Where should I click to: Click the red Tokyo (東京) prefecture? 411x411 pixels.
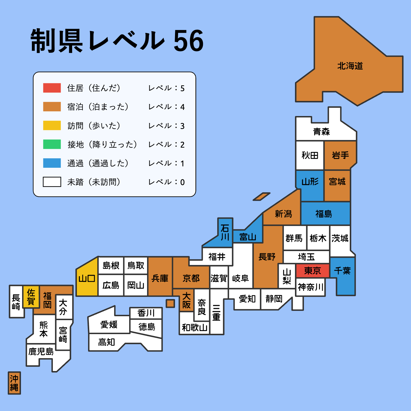pyautogui.click(x=312, y=271)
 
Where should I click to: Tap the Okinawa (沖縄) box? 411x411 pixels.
pyautogui.click(x=14, y=383)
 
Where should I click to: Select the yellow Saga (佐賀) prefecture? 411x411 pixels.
pyautogui.click(x=31, y=297)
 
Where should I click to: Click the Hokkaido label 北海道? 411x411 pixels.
pyautogui.click(x=350, y=66)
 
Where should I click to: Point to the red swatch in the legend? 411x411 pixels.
pyautogui.click(x=52, y=88)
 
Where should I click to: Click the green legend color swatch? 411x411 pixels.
pyautogui.click(x=52, y=144)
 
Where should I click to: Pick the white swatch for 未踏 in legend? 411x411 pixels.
pyautogui.click(x=52, y=182)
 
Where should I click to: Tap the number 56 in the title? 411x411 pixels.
pyautogui.click(x=188, y=41)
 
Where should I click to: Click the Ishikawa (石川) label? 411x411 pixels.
pyautogui.click(x=225, y=232)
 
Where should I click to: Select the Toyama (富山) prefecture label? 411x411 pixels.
pyautogui.click(x=248, y=237)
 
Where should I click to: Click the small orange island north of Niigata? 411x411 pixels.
pyautogui.click(x=261, y=197)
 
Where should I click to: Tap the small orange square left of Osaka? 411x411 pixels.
pyautogui.click(x=170, y=303)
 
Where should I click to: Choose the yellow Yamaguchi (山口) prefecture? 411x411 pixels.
pyautogui.click(x=87, y=278)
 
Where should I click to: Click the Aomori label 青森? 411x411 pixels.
pyautogui.click(x=321, y=131)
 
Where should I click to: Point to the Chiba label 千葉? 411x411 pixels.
pyautogui.click(x=342, y=270)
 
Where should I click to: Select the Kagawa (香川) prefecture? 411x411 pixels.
pyautogui.click(x=146, y=313)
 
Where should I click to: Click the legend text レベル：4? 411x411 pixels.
pyautogui.click(x=166, y=107)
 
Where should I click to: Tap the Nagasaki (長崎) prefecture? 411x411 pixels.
pyautogui.click(x=16, y=302)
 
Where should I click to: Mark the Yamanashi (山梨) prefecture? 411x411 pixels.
pyautogui.click(x=287, y=276)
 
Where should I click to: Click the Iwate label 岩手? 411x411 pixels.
pyautogui.click(x=340, y=155)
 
